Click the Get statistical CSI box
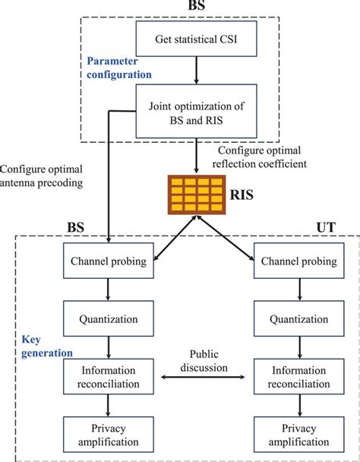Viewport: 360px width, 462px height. point(196,39)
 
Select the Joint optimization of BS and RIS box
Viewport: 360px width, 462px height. point(196,111)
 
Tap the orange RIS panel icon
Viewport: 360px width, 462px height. point(197,195)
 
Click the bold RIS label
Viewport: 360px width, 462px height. point(242,195)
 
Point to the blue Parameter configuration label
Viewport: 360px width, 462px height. point(119,68)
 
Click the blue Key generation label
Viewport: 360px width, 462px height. point(47,346)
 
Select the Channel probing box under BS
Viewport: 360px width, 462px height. point(109,261)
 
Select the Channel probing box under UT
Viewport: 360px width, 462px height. point(299,261)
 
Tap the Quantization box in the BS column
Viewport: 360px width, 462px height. point(109,318)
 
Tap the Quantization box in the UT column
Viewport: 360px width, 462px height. point(299,318)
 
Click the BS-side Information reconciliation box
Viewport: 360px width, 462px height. point(109,377)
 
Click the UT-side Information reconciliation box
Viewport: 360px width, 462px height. point(299,377)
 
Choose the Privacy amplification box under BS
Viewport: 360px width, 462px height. point(109,435)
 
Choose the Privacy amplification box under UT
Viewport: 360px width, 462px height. point(299,435)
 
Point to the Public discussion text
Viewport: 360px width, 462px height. point(204,361)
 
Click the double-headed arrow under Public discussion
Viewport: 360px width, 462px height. point(203,377)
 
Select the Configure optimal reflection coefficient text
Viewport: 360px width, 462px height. point(260,157)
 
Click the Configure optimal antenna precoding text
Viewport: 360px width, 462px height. point(41,176)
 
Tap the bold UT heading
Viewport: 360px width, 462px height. point(326,227)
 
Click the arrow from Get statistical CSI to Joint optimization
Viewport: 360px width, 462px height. point(197,70)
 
